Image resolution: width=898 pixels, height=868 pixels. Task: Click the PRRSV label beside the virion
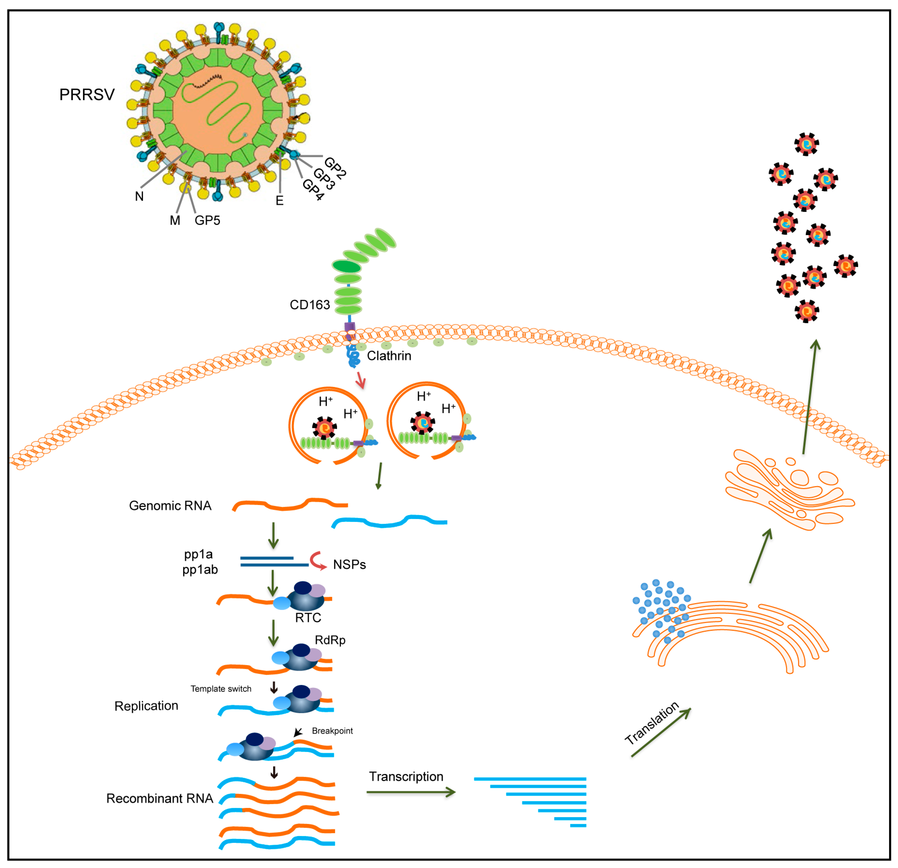pos(87,95)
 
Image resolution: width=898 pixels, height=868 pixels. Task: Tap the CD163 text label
pos(310,305)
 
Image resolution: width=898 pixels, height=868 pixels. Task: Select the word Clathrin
pos(389,356)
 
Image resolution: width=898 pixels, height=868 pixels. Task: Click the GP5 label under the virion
pos(207,221)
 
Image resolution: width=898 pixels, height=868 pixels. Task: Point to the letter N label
pos(139,196)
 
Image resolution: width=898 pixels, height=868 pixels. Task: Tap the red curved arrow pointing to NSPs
pos(317,560)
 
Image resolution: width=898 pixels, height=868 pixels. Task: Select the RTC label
pos(308,618)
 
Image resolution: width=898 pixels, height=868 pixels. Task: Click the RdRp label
pos(330,640)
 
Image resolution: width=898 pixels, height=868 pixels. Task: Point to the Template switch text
pos(221,689)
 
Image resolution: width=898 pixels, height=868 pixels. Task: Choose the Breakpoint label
pos(332,731)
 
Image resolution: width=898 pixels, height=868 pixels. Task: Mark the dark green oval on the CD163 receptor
pos(347,266)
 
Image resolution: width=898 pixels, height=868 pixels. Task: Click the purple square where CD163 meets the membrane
pos(349,327)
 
